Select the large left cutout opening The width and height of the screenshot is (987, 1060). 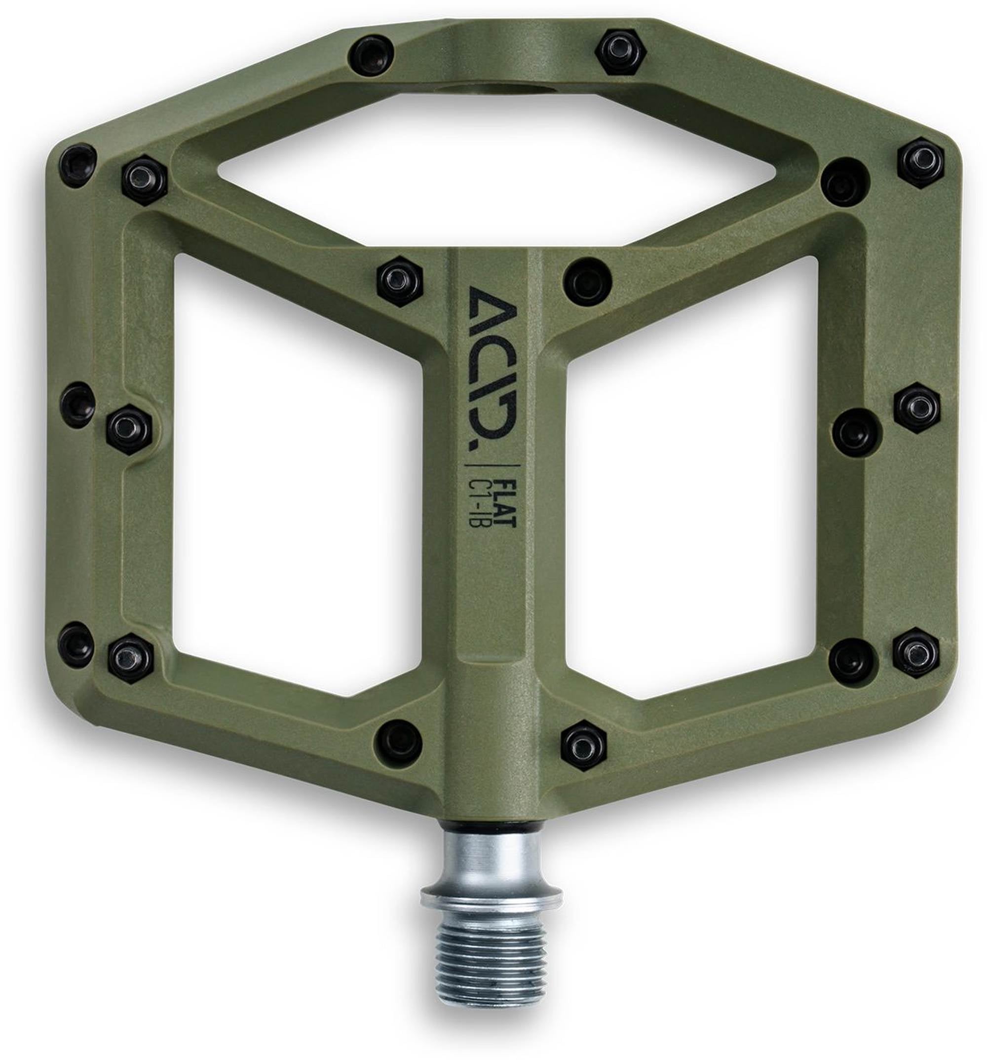tap(299, 480)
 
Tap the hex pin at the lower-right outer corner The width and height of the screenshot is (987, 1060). tap(916, 651)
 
